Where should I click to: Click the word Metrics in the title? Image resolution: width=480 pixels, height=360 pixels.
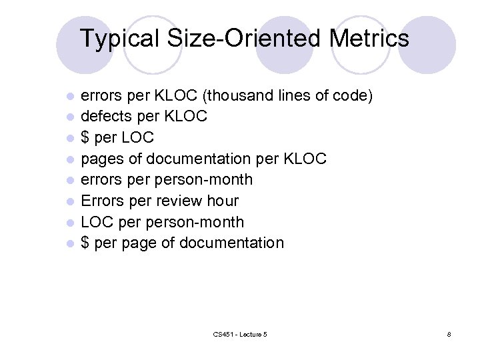coord(369,38)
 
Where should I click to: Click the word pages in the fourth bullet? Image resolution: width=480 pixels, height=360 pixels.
coord(102,159)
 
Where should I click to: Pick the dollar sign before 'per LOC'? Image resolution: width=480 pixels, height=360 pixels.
coord(85,137)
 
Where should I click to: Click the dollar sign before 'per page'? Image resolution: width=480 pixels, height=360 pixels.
coord(85,243)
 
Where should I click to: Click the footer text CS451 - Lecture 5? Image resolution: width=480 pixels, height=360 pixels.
coord(240,333)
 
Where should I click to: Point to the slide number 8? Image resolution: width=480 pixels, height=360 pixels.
coord(449,333)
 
